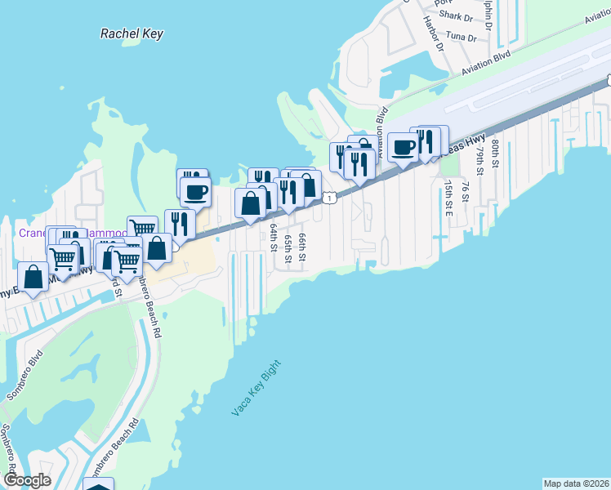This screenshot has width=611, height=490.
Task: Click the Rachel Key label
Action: [132, 33]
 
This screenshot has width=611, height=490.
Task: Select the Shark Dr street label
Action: [456, 16]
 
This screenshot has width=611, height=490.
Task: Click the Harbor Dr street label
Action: [433, 34]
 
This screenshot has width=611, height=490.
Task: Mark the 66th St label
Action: [302, 246]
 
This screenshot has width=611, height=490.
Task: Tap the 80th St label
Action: [495, 152]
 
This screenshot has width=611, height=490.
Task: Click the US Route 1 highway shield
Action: [328, 198]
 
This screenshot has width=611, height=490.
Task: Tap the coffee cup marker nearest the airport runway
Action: [402, 148]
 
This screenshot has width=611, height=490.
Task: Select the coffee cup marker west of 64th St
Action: [195, 193]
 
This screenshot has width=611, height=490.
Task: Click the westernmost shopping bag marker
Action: [33, 277]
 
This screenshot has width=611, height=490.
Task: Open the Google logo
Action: [26, 480]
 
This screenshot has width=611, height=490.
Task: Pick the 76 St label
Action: [464, 190]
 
